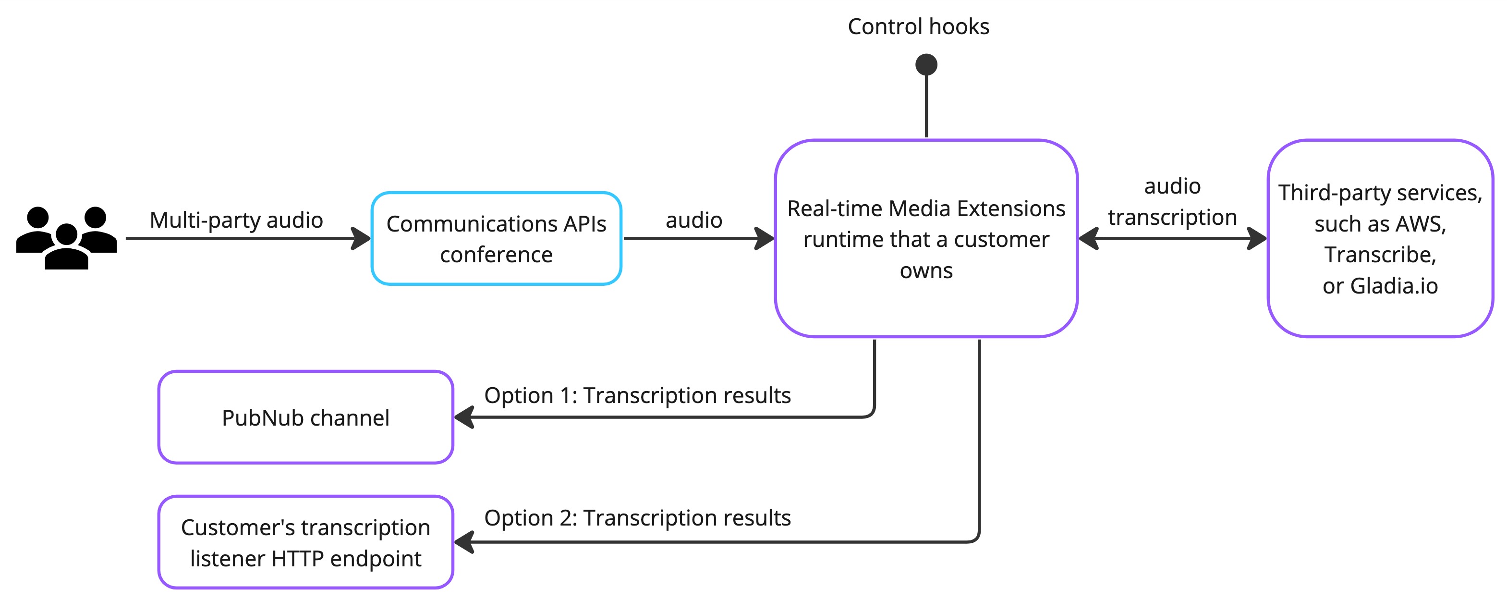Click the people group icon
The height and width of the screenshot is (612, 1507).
click(x=66, y=237)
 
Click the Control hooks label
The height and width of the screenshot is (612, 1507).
click(x=919, y=26)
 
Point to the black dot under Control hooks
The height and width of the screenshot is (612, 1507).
click(x=926, y=64)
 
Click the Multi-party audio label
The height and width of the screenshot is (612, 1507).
click(x=236, y=220)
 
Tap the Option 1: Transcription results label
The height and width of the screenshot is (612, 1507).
click(x=638, y=395)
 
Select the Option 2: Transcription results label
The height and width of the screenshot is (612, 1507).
click(x=638, y=518)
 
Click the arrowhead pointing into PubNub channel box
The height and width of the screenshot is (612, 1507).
click(x=464, y=417)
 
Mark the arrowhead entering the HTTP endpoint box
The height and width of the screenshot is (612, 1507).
click(x=464, y=542)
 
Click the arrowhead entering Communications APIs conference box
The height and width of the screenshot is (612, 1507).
click(x=361, y=238)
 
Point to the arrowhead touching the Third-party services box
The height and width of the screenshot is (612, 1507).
click(x=1257, y=238)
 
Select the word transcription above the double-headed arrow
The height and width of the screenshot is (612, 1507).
click(x=1172, y=217)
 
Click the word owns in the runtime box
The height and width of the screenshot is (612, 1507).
click(x=926, y=271)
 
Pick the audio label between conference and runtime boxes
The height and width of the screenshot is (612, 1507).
click(x=694, y=220)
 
